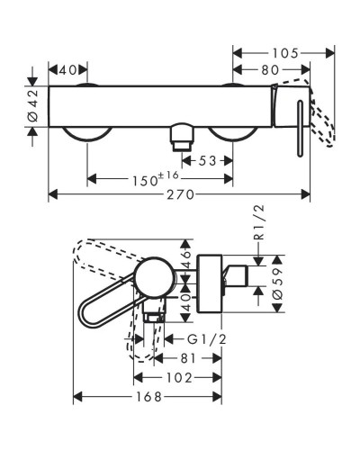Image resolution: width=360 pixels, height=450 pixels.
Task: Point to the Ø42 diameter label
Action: (32, 106)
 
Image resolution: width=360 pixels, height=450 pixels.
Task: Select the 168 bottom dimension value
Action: (147, 396)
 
